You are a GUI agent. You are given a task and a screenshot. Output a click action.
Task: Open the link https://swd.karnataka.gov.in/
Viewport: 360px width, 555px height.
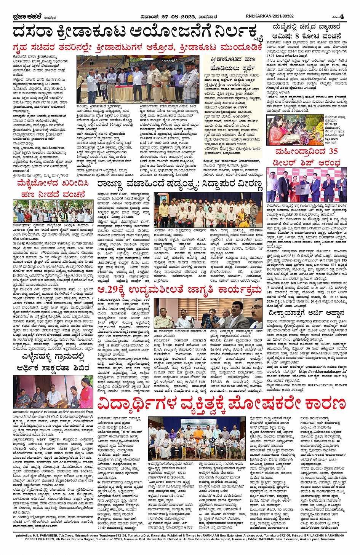pyautogui.click(x=323, y=371)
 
